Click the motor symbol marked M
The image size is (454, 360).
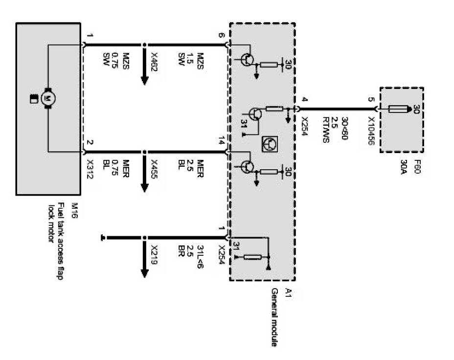[x=48, y=97]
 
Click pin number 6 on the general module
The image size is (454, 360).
[x=221, y=36]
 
